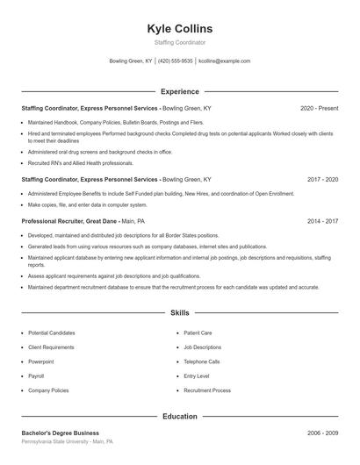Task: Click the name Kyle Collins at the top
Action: point(179,28)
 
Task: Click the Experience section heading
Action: point(179,91)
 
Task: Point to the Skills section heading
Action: point(179,312)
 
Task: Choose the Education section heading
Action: point(179,416)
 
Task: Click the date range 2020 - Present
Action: point(319,108)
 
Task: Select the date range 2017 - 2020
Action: point(322,179)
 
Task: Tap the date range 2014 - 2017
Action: point(322,222)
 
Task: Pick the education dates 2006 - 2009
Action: point(322,433)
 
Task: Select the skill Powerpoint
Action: point(40,361)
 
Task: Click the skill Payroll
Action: point(36,376)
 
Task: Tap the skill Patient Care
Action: point(198,333)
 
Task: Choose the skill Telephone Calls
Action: point(202,361)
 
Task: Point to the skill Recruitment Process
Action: point(207,390)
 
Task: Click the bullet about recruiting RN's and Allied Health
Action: point(80,163)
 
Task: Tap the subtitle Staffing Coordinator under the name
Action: point(179,42)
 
